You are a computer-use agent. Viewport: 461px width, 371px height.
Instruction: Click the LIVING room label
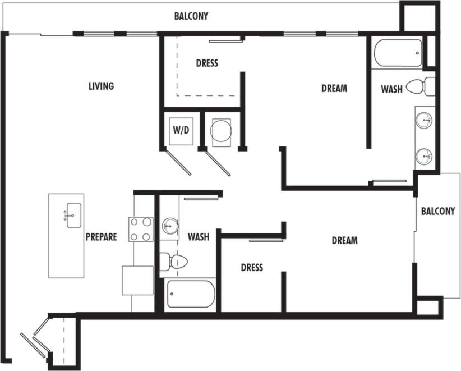coord(102,86)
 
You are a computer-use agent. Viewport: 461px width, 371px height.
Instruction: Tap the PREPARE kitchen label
coord(102,237)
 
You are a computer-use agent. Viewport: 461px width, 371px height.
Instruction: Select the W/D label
coord(181,130)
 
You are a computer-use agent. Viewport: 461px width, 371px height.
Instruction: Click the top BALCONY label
coord(191,16)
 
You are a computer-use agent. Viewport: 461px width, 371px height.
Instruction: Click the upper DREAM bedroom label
coord(334,88)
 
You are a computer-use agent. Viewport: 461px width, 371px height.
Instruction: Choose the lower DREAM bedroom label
coord(344,240)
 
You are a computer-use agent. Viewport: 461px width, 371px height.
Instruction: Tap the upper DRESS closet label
coord(207,63)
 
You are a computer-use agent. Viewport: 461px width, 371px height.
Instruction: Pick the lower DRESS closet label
coord(252,267)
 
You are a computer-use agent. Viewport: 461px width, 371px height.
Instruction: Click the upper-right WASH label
coord(391,89)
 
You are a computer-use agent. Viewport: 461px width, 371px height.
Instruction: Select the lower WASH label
coord(198,237)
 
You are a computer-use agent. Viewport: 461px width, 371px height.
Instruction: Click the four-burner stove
coord(141,229)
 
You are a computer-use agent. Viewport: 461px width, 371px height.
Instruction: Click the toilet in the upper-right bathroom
coord(419,87)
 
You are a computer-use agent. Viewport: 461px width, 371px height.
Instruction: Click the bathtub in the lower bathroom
coord(191,294)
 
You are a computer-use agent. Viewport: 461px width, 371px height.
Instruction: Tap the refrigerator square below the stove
coord(137,280)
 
